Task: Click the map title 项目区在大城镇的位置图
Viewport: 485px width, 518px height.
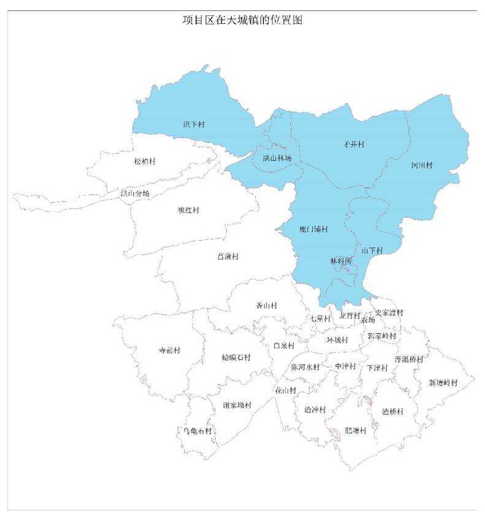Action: click(x=243, y=20)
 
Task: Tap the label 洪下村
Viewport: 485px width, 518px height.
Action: click(x=194, y=125)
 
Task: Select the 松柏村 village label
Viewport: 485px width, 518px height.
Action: click(x=145, y=161)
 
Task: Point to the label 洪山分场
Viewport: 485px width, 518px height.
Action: click(x=135, y=193)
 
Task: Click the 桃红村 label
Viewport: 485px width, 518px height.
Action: click(x=188, y=211)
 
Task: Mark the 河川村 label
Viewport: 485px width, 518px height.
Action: click(x=422, y=166)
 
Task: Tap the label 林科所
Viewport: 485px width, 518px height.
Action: click(x=342, y=261)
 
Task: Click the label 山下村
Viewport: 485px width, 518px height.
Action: click(x=372, y=250)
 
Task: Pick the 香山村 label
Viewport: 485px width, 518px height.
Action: click(x=266, y=306)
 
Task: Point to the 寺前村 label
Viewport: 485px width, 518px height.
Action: click(x=170, y=351)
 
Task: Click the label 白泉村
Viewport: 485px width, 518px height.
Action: click(x=284, y=346)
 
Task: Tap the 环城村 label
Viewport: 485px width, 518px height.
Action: click(x=337, y=340)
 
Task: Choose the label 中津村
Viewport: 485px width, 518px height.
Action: click(x=346, y=366)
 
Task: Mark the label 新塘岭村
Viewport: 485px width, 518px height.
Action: click(x=443, y=382)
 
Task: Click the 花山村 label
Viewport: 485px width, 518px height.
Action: click(x=285, y=390)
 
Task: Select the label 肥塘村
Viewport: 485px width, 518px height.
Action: click(x=355, y=430)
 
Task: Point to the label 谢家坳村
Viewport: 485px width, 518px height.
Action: click(x=237, y=405)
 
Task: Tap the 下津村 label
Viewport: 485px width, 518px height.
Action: click(x=377, y=368)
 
